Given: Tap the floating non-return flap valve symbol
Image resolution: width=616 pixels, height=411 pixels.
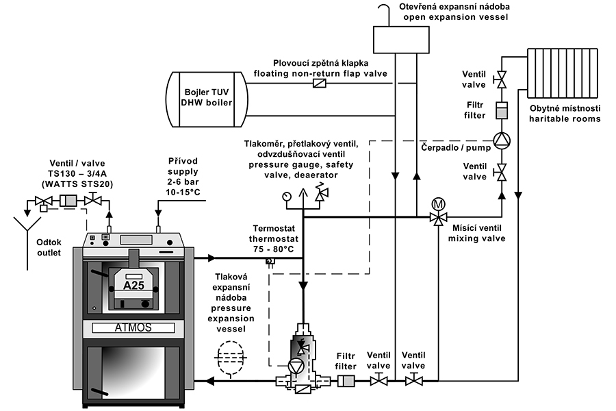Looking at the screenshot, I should [x=319, y=83].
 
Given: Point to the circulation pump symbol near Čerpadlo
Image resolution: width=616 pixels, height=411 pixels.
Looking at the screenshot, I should [x=502, y=140].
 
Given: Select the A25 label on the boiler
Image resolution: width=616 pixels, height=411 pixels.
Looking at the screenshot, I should [x=133, y=286].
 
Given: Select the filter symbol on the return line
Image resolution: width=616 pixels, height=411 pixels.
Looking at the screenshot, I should [x=347, y=380].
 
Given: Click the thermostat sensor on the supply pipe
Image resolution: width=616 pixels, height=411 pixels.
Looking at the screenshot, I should [x=270, y=261].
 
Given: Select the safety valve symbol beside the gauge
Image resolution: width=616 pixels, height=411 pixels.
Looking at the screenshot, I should [x=319, y=196].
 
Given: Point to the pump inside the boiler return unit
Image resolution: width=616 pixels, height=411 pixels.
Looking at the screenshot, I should [x=295, y=366].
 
